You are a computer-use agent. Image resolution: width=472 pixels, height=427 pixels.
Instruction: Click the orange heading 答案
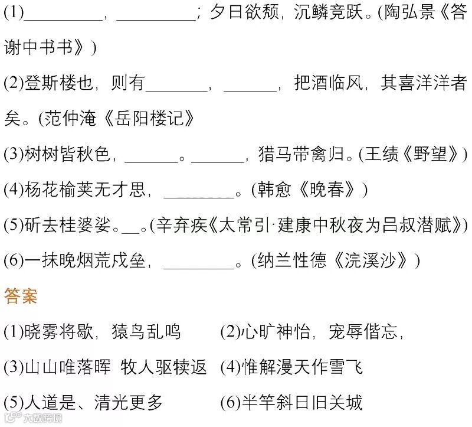tap(21, 296)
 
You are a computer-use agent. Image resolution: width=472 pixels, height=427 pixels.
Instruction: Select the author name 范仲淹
tap(70, 119)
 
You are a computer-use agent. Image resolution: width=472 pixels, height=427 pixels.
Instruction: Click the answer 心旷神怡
tap(275, 333)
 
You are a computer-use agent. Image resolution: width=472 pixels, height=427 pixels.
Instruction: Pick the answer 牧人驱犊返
tap(164, 368)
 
